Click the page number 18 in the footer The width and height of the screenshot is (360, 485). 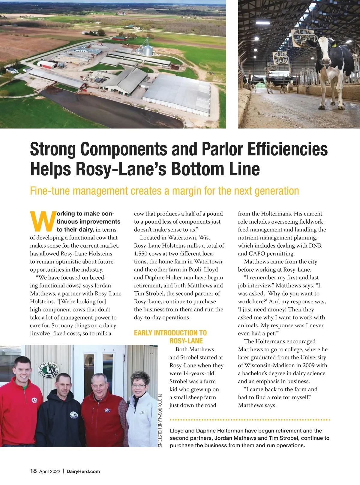[33, 471]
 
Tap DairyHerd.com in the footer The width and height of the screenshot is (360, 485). [83, 471]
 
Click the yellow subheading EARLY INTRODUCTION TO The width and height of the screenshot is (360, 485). [170, 333]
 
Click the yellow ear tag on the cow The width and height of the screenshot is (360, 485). [334, 46]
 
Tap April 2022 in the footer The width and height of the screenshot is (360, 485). [50, 471]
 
